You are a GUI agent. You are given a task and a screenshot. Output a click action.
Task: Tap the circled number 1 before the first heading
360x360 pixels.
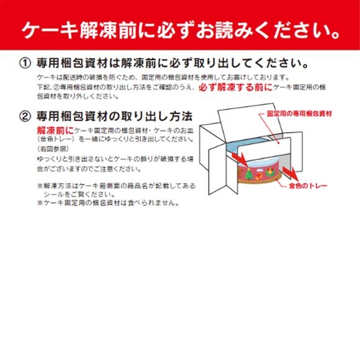[25, 64]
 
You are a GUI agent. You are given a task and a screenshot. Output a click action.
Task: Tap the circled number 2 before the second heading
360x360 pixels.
[25, 116]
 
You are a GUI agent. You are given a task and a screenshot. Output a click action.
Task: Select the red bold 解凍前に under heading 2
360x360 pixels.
[55, 130]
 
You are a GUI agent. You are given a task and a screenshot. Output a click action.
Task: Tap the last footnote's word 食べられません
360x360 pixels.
[156, 202]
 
